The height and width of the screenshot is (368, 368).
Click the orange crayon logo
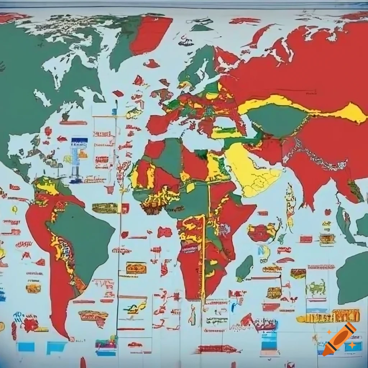[x=339, y=339]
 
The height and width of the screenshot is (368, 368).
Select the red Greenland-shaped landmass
[x=151, y=34]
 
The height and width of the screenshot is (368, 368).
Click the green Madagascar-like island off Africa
[x=244, y=268]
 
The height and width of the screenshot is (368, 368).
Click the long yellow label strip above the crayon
[x=329, y=316]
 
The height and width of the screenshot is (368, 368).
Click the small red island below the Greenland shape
[x=151, y=64]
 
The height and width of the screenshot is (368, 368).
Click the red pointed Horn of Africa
[x=248, y=208]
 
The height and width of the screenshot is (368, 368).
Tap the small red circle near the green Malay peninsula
[x=327, y=212]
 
